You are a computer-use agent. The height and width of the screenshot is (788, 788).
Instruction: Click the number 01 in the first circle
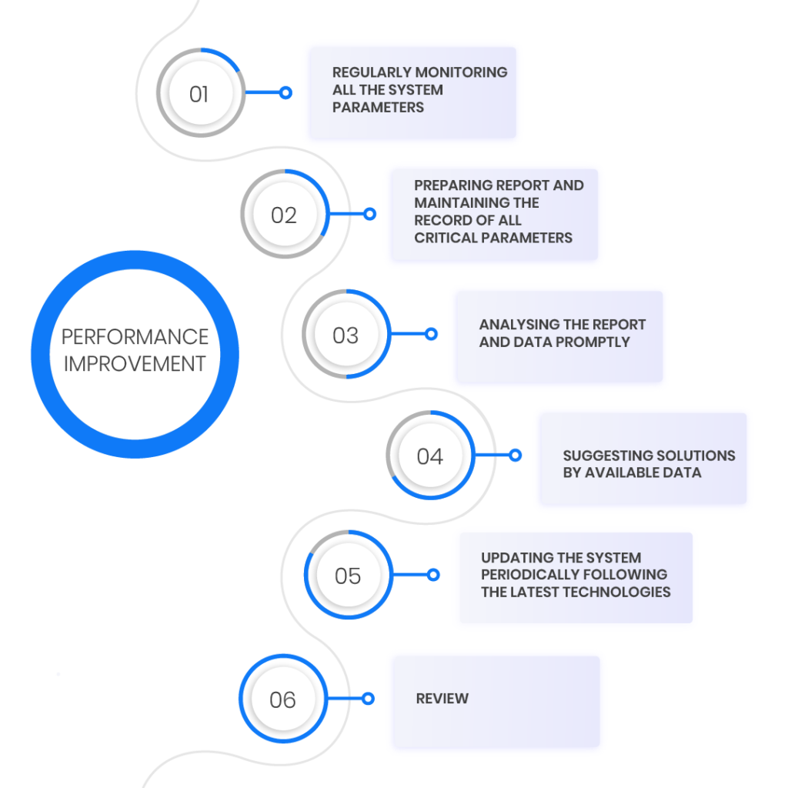pyautogui.click(x=199, y=95)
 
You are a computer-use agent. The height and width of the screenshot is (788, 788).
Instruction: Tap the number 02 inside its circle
pyautogui.click(x=284, y=215)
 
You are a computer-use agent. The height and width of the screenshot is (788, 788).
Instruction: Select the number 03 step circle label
pyautogui.click(x=346, y=336)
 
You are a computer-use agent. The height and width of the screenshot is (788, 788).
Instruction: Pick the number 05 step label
pyautogui.click(x=348, y=576)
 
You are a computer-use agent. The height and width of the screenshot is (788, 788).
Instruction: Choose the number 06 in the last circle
pyautogui.click(x=282, y=700)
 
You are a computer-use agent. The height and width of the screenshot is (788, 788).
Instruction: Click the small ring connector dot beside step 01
pyautogui.click(x=285, y=92)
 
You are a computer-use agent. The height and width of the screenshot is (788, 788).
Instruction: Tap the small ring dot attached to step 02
pyautogui.click(x=370, y=214)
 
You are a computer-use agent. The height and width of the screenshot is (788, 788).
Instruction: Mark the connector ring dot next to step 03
pyautogui.click(x=431, y=334)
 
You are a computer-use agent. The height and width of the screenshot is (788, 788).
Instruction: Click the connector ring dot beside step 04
pyautogui.click(x=515, y=456)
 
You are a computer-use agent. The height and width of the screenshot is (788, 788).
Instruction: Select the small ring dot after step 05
pyautogui.click(x=433, y=575)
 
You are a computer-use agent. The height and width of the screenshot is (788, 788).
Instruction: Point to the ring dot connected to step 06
pyautogui.click(x=368, y=699)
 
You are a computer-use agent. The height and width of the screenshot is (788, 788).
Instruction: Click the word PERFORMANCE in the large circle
pyautogui.click(x=135, y=337)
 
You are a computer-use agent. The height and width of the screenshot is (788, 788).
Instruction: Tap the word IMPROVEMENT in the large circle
pyautogui.click(x=135, y=364)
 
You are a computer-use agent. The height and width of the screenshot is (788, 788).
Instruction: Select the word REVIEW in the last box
pyautogui.click(x=442, y=699)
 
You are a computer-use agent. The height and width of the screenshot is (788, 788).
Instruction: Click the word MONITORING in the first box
pyautogui.click(x=465, y=72)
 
